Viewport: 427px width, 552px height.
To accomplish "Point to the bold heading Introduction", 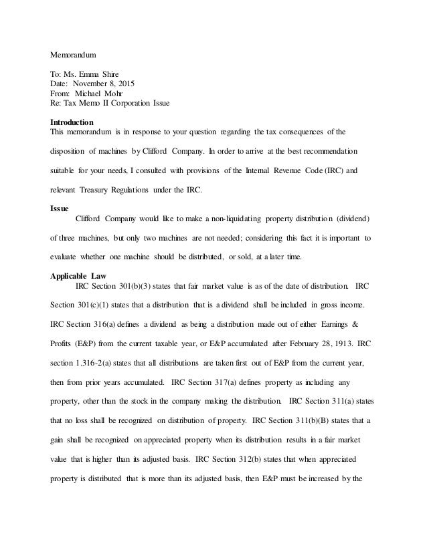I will point(72,122).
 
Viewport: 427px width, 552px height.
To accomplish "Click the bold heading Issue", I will point(60,209).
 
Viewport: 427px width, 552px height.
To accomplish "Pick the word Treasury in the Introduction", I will point(96,191).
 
